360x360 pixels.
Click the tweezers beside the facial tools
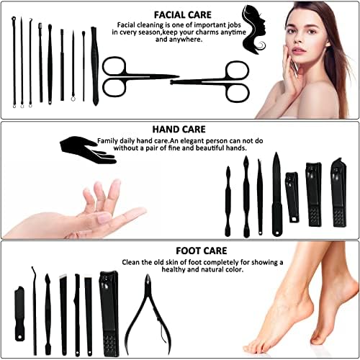[94, 65]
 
